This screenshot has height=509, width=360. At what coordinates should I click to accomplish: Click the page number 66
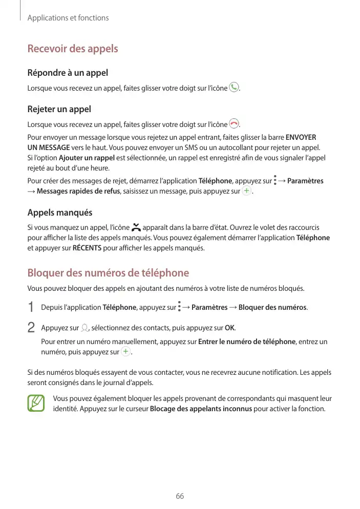click(180, 496)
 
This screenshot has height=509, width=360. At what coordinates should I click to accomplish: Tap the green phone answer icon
click(234, 88)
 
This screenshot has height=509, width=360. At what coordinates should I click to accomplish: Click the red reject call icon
click(234, 123)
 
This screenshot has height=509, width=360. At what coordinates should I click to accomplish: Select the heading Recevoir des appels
click(73, 49)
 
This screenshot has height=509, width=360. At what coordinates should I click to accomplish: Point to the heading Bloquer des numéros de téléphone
click(108, 273)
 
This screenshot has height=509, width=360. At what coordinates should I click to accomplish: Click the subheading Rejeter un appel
click(59, 109)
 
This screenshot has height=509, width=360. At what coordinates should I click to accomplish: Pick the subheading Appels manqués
click(60, 213)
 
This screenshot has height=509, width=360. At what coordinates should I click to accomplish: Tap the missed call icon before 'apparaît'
click(136, 227)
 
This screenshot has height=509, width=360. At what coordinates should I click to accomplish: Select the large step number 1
click(31, 307)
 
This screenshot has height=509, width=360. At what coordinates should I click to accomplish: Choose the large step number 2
click(31, 327)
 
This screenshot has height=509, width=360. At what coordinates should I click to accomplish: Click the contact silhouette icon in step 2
click(84, 328)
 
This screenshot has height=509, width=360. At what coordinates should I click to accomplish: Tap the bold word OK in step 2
click(230, 328)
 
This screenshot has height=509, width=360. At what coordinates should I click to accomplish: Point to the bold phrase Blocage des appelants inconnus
click(201, 409)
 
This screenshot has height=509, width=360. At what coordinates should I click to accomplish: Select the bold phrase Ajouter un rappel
click(87, 157)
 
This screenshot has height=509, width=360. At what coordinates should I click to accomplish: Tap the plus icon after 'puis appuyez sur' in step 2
click(126, 352)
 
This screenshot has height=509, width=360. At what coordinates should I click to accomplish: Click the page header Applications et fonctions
click(68, 18)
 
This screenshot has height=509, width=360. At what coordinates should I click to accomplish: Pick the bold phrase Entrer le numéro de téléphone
click(247, 342)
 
